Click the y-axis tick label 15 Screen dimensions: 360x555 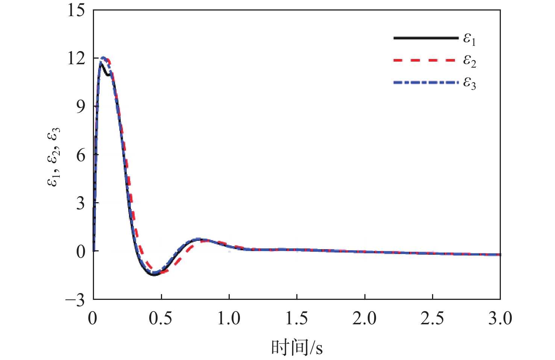[x=76, y=10]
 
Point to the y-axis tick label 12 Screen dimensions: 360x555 [x=76, y=59]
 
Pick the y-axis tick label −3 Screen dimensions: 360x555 [x=75, y=300]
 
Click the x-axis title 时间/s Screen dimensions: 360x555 [x=297, y=347]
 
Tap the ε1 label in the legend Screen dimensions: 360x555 [x=470, y=39]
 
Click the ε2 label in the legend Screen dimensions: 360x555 [x=470, y=61]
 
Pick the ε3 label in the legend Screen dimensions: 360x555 [x=470, y=83]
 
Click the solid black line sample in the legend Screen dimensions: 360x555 [x=426, y=38]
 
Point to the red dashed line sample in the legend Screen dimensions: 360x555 [x=426, y=60]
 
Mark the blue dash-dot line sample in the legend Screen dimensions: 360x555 [x=426, y=82]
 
